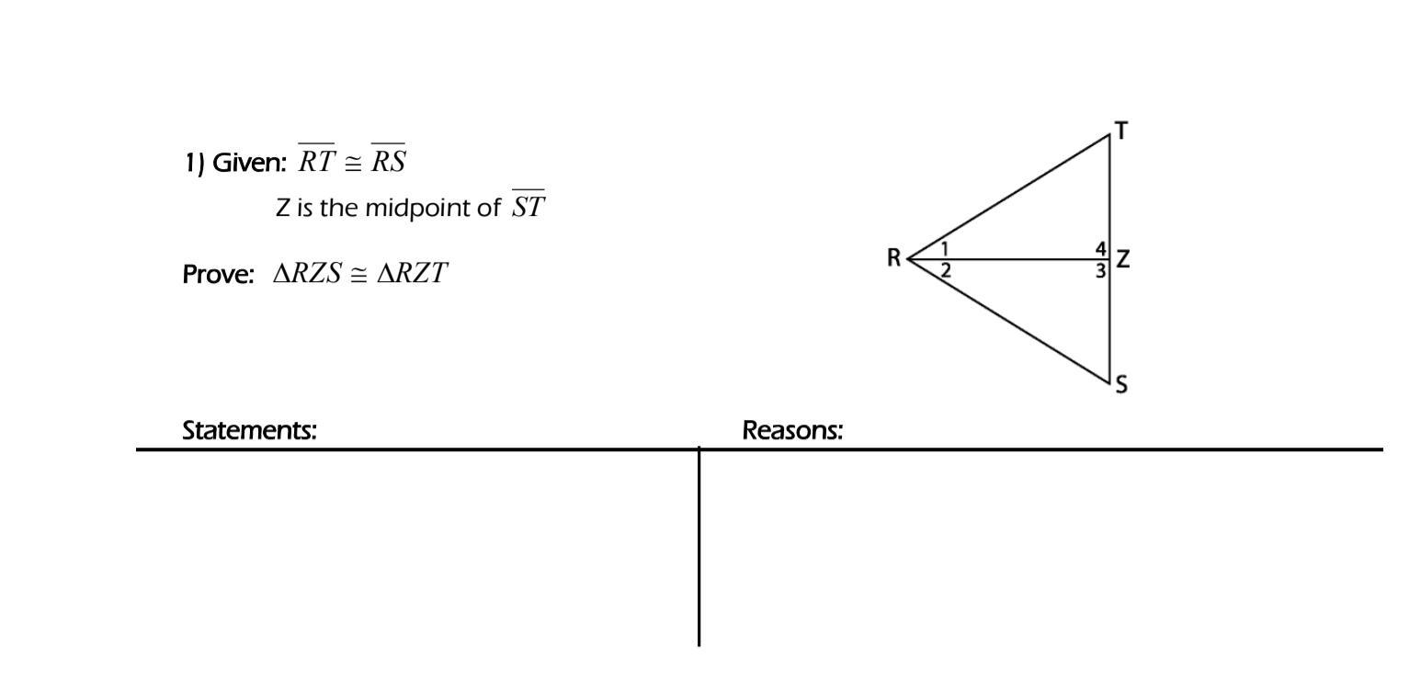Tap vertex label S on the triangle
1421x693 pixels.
click(x=1121, y=384)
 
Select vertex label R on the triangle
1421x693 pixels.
click(x=893, y=258)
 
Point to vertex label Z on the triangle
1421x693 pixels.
click(x=1122, y=259)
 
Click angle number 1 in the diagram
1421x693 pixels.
click(x=944, y=248)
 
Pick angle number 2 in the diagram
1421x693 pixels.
click(x=945, y=270)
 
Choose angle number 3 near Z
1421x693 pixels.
click(x=1100, y=271)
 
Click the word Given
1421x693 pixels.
click(x=249, y=164)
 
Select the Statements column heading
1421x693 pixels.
click(x=250, y=430)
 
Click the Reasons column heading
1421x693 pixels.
click(x=792, y=430)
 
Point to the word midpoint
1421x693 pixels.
click(x=409, y=209)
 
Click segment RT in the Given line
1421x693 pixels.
click(x=317, y=162)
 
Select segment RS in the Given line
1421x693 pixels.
click(x=388, y=162)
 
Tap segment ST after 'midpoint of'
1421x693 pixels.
click(x=529, y=206)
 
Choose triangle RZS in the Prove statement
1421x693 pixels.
click(x=307, y=274)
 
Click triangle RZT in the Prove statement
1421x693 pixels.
click(x=413, y=274)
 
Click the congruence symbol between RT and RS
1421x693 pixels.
click(x=353, y=164)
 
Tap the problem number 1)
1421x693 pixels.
click(x=194, y=164)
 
